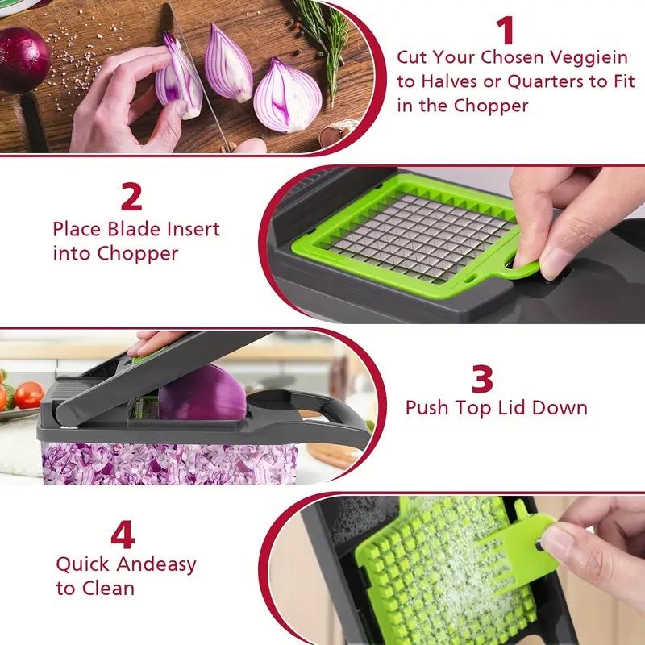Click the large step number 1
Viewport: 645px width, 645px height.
506,31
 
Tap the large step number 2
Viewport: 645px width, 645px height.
131,198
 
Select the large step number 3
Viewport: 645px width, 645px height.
482,378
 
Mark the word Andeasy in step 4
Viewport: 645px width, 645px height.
156,564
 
